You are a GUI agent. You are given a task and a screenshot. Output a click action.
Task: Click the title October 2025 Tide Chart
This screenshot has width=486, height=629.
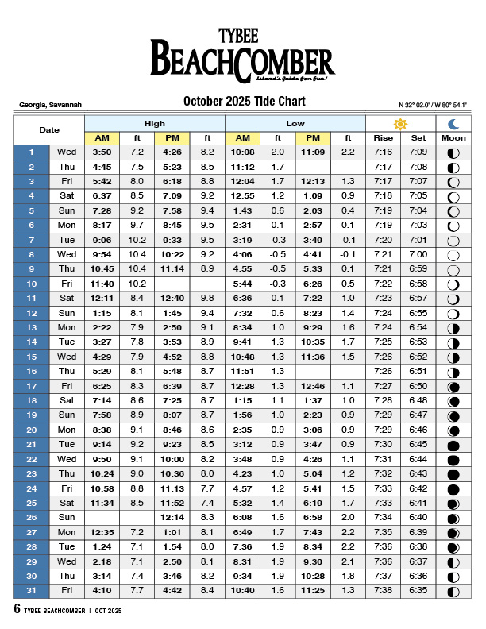tap(244, 102)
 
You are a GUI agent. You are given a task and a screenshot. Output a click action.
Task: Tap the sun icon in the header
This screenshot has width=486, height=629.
tap(400, 124)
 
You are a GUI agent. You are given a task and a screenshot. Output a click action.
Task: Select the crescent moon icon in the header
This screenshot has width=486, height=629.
tap(453, 124)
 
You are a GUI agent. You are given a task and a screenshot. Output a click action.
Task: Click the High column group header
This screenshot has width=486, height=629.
tap(155, 124)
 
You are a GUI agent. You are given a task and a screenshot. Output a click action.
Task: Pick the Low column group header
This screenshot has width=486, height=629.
tap(295, 124)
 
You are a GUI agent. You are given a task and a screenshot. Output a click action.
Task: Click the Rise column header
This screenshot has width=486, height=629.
tap(383, 138)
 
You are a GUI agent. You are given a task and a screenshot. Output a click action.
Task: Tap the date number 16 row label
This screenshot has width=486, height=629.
tap(32, 371)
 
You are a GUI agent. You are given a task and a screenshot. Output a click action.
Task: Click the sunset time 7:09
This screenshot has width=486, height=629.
tap(418, 152)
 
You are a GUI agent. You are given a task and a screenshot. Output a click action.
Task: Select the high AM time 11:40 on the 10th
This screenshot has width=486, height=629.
tap(102, 284)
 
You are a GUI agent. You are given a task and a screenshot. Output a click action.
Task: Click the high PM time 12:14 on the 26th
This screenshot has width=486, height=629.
tap(172, 517)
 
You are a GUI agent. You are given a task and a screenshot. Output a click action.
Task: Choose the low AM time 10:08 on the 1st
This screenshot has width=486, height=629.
tap(242, 152)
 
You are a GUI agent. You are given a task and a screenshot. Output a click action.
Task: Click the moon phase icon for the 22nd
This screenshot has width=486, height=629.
tap(453, 459)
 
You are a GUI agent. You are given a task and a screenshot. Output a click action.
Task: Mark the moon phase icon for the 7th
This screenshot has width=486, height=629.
tap(453, 240)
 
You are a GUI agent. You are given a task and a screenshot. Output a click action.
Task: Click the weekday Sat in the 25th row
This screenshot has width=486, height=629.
tap(67, 503)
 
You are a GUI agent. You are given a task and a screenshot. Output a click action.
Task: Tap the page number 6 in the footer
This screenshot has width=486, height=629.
tap(17, 609)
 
